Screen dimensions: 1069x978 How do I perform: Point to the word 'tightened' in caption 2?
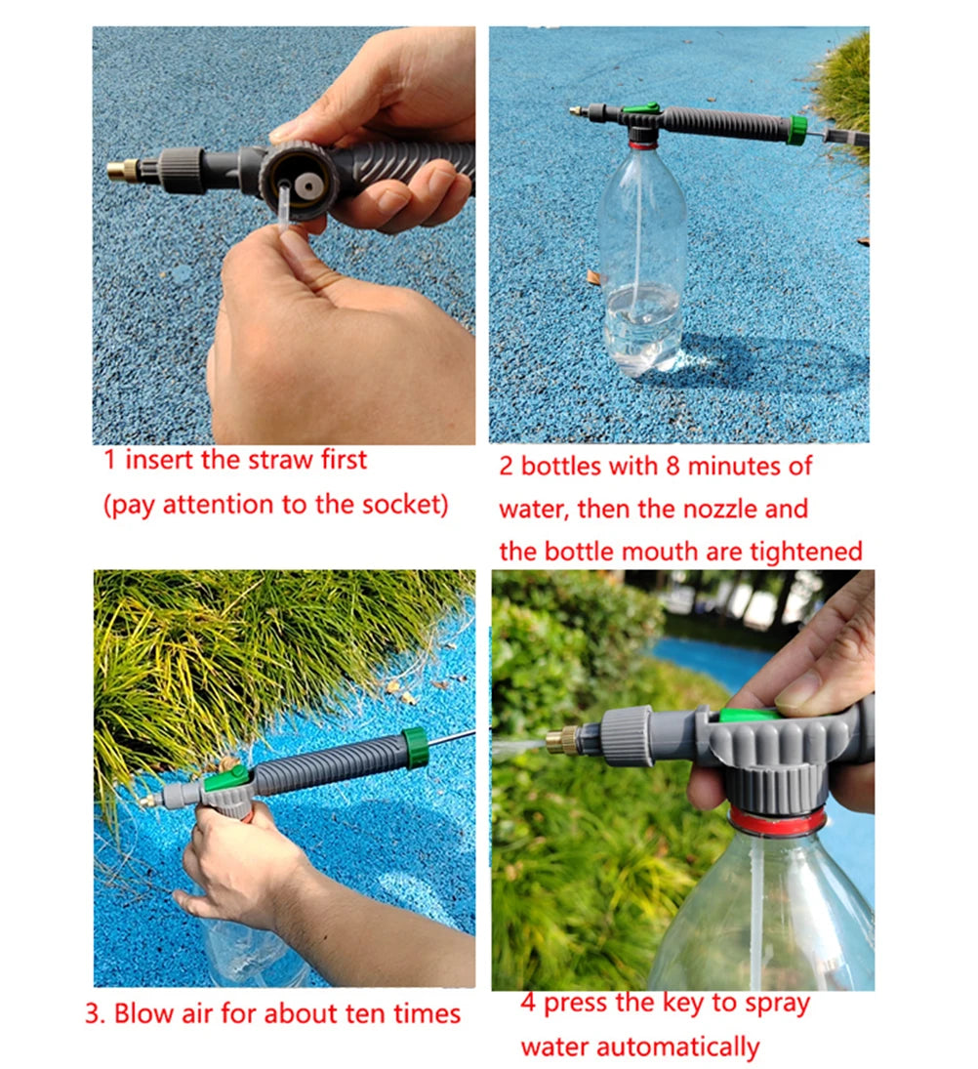pos(805,551)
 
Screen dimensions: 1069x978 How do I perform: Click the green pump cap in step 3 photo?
pos(414,746)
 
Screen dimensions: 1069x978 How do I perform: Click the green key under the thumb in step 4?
pos(752,716)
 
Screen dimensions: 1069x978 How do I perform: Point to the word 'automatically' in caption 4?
pos(639,1048)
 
